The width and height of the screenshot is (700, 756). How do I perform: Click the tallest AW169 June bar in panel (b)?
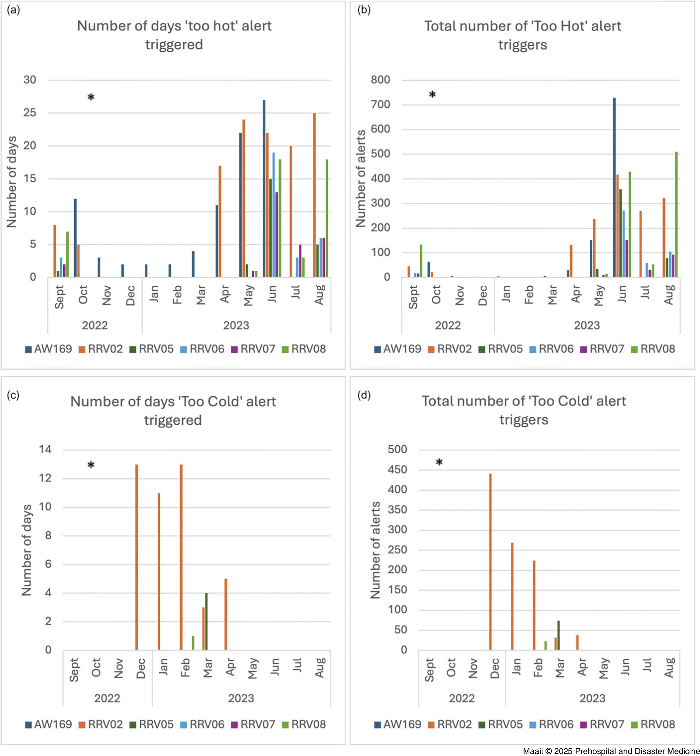click(x=615, y=188)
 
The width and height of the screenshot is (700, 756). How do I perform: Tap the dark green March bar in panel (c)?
click(x=206, y=621)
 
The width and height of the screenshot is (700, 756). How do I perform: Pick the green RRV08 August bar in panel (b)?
click(x=676, y=214)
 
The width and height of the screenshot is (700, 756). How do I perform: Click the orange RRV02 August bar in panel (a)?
click(x=314, y=195)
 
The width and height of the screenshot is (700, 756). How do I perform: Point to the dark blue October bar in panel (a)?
click(x=76, y=238)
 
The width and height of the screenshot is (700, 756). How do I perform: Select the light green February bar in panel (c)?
click(x=193, y=643)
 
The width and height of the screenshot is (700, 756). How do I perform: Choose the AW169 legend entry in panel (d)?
click(x=398, y=724)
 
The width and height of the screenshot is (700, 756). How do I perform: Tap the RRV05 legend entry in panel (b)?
click(x=501, y=349)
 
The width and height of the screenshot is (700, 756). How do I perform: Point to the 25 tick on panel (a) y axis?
click(x=30, y=113)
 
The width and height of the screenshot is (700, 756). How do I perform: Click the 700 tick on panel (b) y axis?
click(x=380, y=105)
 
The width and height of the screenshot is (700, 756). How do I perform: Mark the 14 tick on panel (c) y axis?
click(x=45, y=450)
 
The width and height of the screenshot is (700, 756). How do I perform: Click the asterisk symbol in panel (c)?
click(x=91, y=465)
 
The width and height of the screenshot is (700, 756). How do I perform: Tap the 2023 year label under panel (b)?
click(x=587, y=325)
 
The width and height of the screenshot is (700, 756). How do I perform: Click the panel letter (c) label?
click(x=13, y=395)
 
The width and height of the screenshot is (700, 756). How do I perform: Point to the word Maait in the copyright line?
click(x=533, y=751)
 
